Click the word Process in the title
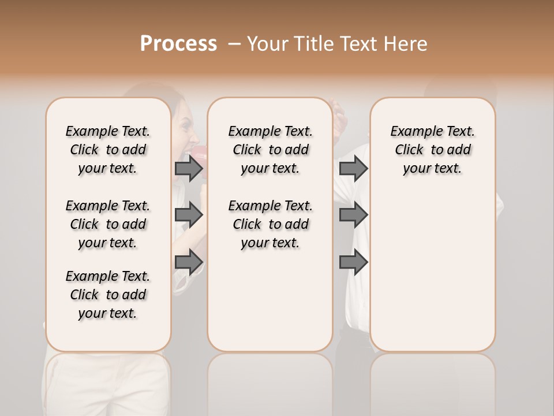point(178,44)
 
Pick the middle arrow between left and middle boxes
point(189,215)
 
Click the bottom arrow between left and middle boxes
point(189,262)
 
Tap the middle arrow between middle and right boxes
point(353,215)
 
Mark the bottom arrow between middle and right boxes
point(353,262)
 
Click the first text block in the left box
point(108,150)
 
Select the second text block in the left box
point(108,224)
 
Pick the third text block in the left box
point(108,295)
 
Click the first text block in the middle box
point(270,150)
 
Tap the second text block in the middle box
point(270,224)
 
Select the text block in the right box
point(432,150)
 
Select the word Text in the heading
point(355,44)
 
